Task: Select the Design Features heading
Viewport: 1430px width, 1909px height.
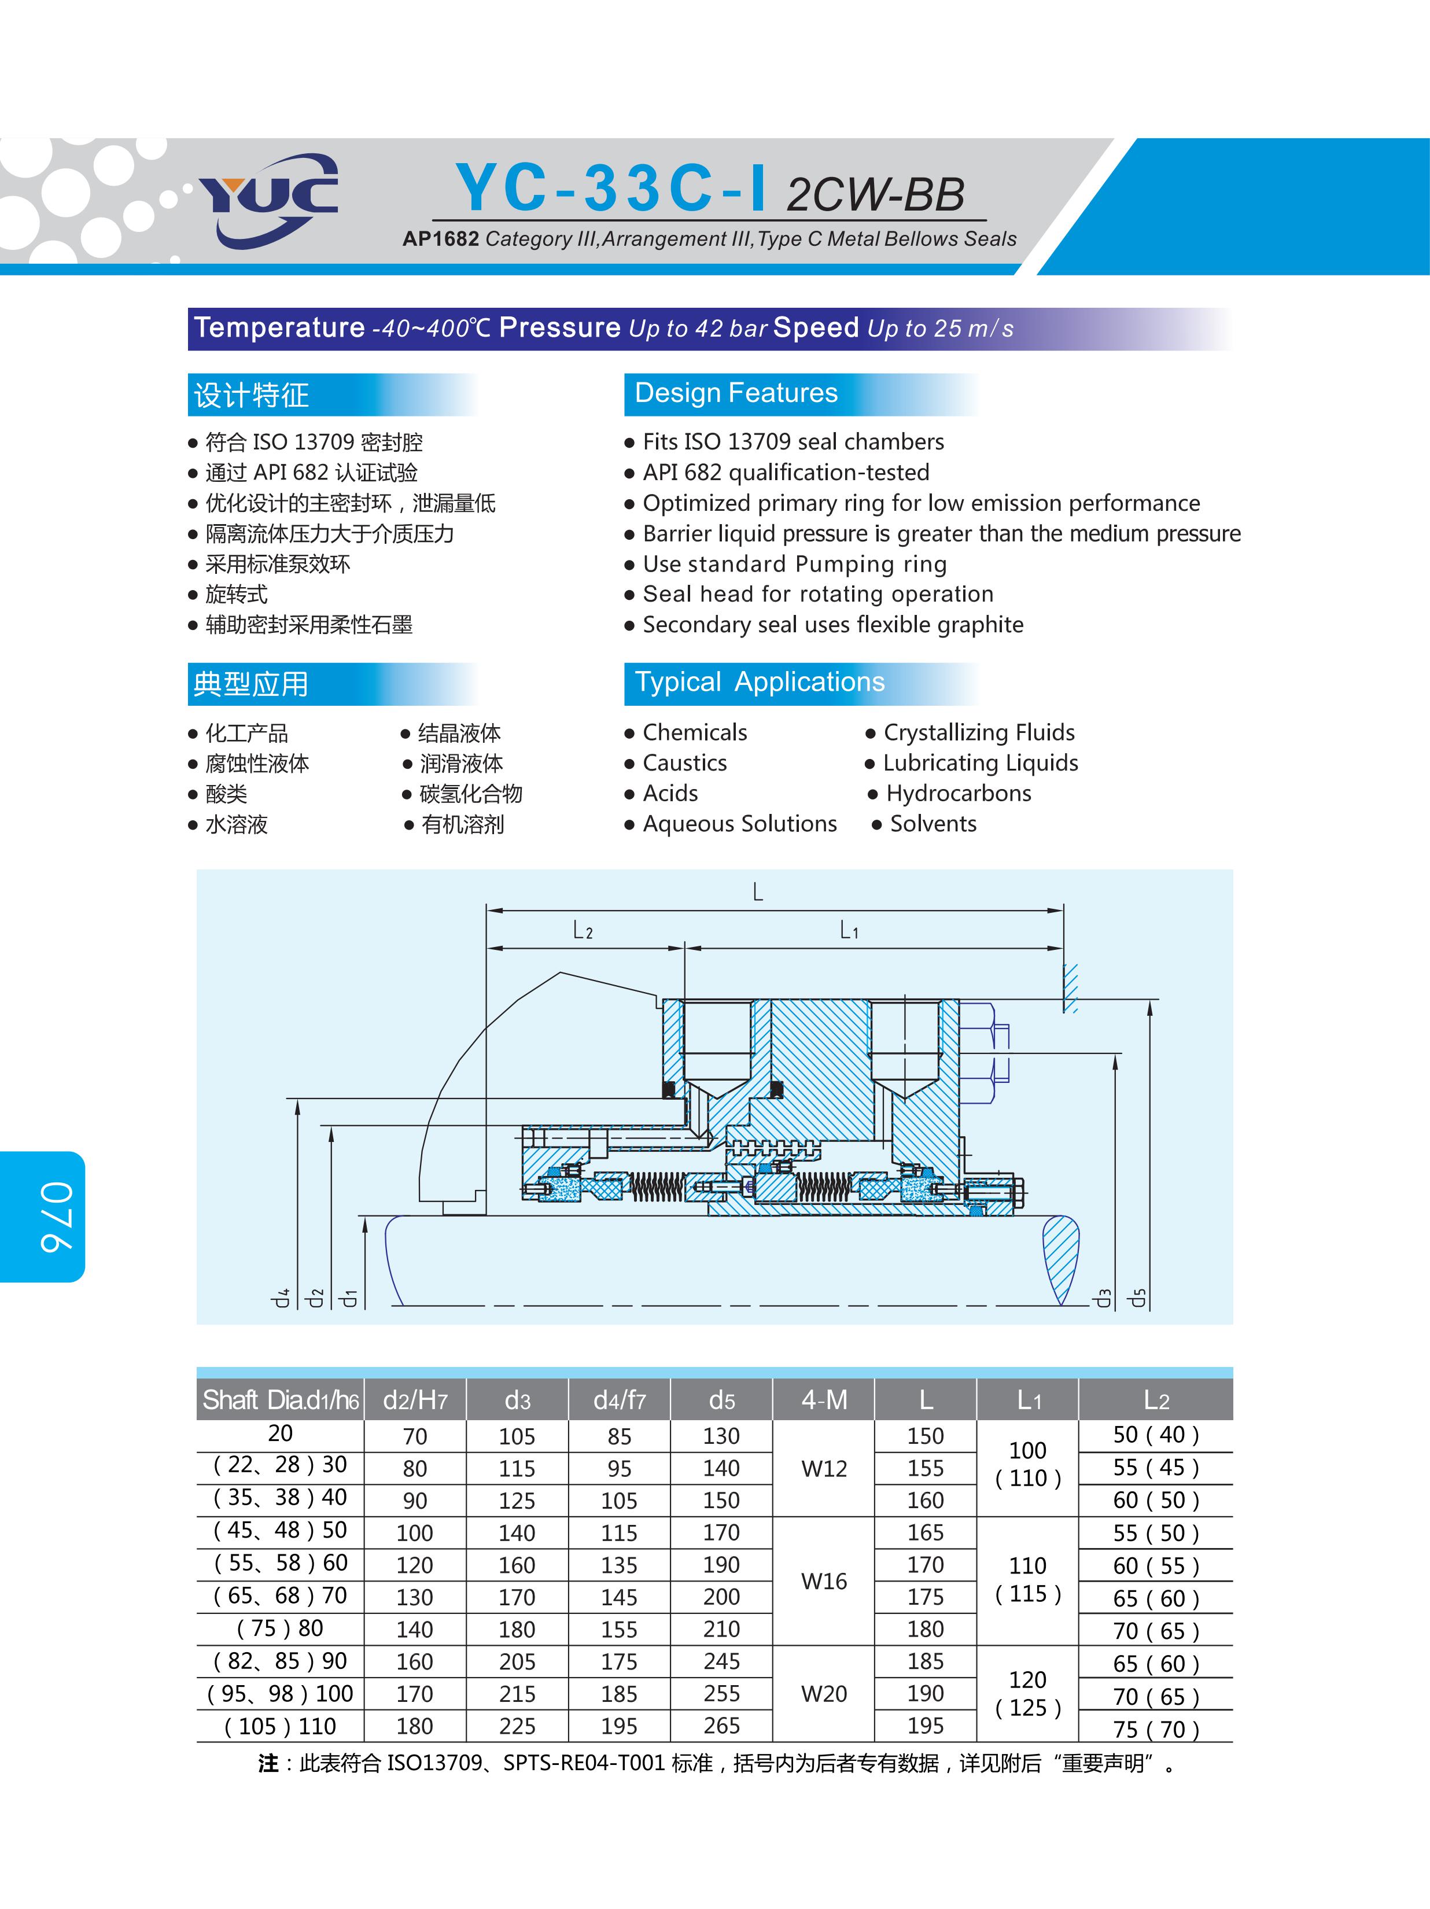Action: (736, 393)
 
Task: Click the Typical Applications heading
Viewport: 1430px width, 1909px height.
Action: (760, 683)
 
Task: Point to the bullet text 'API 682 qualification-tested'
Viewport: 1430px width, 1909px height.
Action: (786, 473)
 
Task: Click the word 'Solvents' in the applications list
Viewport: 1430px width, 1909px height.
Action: (933, 824)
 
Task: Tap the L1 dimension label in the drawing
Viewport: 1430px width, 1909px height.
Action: (849, 930)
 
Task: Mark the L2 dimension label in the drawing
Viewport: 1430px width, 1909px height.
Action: (583, 930)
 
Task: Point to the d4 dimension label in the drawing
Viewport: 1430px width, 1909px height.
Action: (281, 1297)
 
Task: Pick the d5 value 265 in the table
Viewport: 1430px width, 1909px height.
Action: (721, 1726)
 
